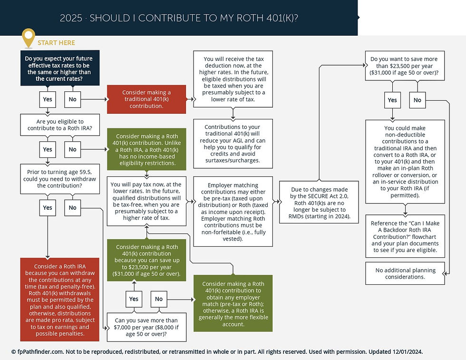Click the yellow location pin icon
[x=29, y=38]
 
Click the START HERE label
[x=56, y=43]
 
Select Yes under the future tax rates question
[x=48, y=99]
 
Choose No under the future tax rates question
[x=72, y=99]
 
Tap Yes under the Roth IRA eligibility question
[x=48, y=149]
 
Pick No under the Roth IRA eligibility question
[x=72, y=149]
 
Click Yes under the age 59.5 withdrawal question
[x=48, y=207]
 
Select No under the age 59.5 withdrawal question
[x=72, y=207]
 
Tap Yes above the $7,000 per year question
[x=134, y=299]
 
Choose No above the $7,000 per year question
[x=159, y=299]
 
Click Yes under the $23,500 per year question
[x=392, y=100]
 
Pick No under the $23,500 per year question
[x=417, y=100]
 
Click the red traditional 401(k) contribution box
[x=146, y=99]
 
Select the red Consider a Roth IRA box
[x=59, y=300]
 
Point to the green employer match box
[x=233, y=304]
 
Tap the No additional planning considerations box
[x=405, y=273]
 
